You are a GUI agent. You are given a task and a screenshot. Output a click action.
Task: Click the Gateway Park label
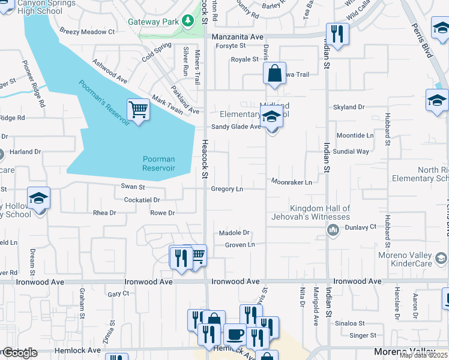(154, 22)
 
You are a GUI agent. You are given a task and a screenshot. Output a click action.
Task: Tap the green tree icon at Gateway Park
(187, 22)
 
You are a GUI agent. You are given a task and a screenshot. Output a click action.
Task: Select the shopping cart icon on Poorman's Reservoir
(139, 110)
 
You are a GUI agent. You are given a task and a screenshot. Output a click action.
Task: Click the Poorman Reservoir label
(158, 163)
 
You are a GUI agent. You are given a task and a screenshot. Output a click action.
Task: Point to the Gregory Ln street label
(227, 189)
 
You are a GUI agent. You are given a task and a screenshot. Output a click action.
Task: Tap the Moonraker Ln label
(291, 181)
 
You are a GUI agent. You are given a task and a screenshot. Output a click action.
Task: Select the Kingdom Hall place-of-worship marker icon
(333, 229)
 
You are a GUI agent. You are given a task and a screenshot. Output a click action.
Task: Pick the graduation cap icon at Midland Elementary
(272, 117)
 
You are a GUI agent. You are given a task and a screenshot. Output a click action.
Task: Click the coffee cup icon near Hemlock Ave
(234, 334)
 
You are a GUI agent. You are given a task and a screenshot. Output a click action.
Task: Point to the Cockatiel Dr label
(142, 200)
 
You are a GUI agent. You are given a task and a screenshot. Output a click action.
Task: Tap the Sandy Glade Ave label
(236, 127)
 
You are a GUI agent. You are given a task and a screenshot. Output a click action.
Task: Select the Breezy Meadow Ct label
(86, 32)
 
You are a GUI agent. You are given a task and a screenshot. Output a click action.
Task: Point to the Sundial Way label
(351, 152)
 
